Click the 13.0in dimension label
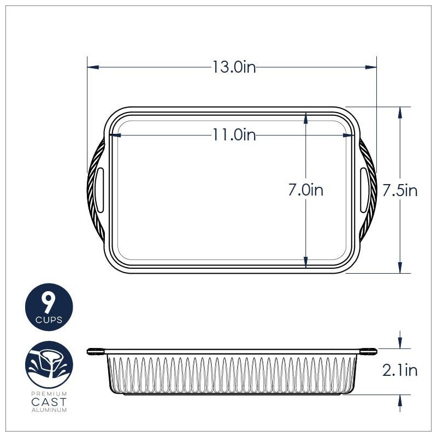coord(234,67)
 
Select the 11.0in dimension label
coord(234,134)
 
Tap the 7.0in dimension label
coord(306,190)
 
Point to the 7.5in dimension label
coord(400,190)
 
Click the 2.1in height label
coord(400,370)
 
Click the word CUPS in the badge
coord(49,320)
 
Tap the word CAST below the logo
coord(49,401)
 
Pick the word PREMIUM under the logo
coord(49,393)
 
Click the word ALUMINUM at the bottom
coord(49,410)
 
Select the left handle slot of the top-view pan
coord(100,190)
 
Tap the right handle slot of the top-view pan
coord(364,190)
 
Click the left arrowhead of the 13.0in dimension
coord(93,67)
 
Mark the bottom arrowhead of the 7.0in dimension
coord(306,263)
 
